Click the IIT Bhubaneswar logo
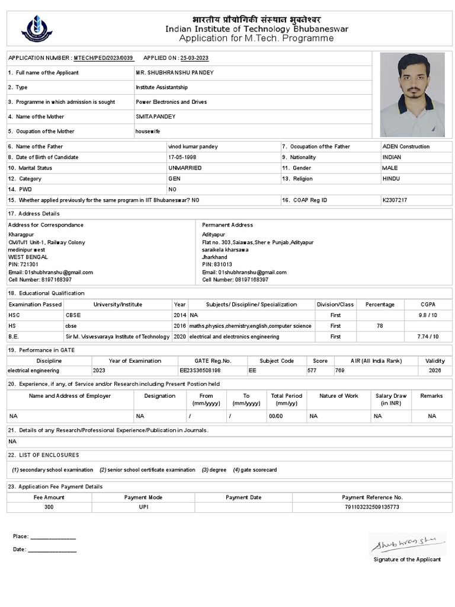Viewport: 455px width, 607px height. pos(37,28)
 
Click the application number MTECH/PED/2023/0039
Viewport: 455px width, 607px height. pos(104,58)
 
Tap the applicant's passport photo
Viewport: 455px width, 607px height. pos(412,95)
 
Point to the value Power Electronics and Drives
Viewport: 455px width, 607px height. pos(171,102)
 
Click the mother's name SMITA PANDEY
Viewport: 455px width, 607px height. pos(155,117)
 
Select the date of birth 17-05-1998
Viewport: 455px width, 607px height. pos(182,157)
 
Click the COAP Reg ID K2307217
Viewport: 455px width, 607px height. pos(395,200)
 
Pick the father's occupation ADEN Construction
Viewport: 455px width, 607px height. pos(406,146)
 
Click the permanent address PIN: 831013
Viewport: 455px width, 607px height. pos(217,264)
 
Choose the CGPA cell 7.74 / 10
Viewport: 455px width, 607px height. pos(428,337)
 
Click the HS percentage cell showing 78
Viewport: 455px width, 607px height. pos(380,326)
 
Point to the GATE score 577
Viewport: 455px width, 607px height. pos(312,370)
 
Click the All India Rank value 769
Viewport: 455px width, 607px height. pos(340,370)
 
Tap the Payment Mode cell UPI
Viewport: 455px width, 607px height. pos(143,507)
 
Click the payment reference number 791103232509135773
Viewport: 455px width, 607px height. pos(372,507)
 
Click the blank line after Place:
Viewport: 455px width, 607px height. pos(53,537)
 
